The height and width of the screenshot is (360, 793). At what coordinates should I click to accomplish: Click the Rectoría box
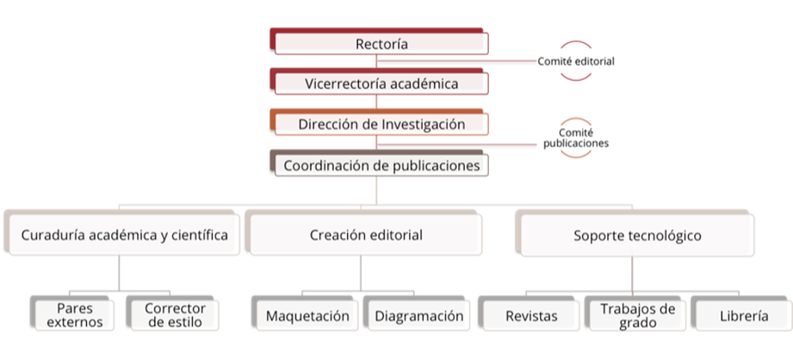(381, 44)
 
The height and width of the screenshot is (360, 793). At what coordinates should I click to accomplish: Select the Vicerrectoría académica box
(381, 84)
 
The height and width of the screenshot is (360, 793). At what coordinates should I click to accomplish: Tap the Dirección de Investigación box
(381, 124)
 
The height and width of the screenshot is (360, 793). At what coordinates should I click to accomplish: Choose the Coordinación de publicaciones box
(381, 165)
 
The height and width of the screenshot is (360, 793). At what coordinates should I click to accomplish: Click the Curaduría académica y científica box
(124, 234)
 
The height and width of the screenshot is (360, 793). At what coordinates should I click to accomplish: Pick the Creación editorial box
(365, 234)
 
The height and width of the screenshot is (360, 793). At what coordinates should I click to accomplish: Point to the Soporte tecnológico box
(637, 234)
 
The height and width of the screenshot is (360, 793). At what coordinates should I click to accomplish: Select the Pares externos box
(74, 315)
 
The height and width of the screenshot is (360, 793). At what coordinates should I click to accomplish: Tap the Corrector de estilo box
(175, 315)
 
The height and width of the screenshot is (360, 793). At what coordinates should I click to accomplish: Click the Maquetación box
(307, 315)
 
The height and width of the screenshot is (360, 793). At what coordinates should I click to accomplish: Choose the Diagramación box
(418, 315)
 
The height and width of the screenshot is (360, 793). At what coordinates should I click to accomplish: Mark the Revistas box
(531, 315)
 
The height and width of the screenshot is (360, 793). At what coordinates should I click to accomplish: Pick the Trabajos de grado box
(636, 315)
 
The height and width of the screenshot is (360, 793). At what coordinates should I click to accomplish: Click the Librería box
(743, 315)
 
